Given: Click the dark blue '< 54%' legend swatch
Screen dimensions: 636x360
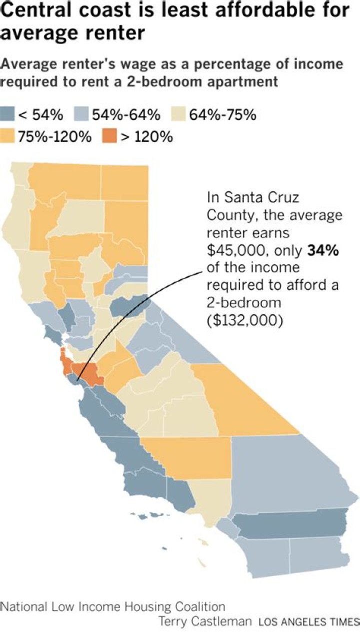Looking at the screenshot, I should pos(8,115).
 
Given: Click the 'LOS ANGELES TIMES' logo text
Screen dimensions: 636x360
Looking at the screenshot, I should pos(308,623).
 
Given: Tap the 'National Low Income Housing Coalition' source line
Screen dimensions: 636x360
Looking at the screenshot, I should pos(112,607).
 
